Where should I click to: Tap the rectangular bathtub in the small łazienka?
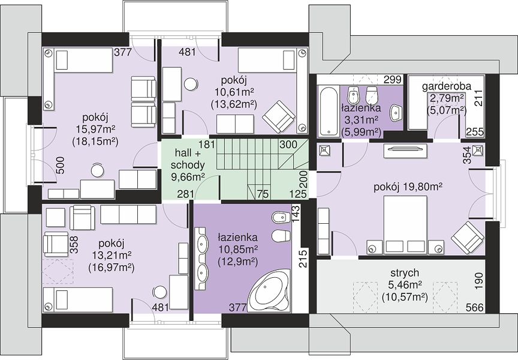[329, 110]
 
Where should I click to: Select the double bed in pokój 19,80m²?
[405, 225]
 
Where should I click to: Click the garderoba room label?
[447, 86]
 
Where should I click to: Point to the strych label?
[405, 273]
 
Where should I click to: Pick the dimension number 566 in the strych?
[475, 307]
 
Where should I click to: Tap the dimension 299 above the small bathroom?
[393, 79]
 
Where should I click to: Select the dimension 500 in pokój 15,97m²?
[61, 165]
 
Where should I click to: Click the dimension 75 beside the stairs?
[263, 194]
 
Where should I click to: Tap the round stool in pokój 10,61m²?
[190, 83]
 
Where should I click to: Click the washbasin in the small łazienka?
[396, 112]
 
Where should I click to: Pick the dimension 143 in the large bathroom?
[296, 214]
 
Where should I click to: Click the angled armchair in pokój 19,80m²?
[467, 238]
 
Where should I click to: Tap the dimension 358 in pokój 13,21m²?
[75, 244]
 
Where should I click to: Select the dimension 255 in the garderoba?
[475, 132]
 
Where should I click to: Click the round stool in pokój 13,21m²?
[160, 292]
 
